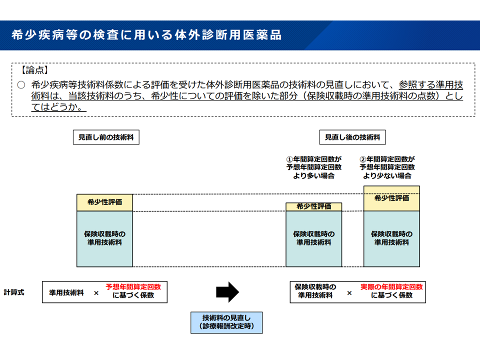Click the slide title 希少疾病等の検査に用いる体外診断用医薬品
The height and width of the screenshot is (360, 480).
pos(146,35)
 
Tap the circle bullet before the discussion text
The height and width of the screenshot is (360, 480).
pos(20,85)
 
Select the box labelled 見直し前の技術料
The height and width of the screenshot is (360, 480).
pos(106,137)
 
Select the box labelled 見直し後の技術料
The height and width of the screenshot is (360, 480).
pos(352,137)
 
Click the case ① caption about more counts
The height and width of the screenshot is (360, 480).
pos(314,167)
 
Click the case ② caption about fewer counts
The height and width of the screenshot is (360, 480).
pos(387,167)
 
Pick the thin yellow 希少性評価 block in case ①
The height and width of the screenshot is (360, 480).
pos(313,206)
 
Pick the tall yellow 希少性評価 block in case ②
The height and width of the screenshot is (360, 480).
pos(391,198)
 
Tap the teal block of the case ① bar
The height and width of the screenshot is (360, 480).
pos(313,238)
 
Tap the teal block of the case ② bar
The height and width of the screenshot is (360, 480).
pos(391,238)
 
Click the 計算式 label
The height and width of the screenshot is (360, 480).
pos(14,292)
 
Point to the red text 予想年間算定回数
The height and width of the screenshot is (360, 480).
pos(133,287)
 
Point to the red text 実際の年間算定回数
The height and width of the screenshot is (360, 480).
pos(391,287)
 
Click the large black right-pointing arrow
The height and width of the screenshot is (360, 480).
pos(227,292)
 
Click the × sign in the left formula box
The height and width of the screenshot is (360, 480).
pos(96,293)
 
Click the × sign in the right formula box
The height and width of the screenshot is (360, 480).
pos(349,293)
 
